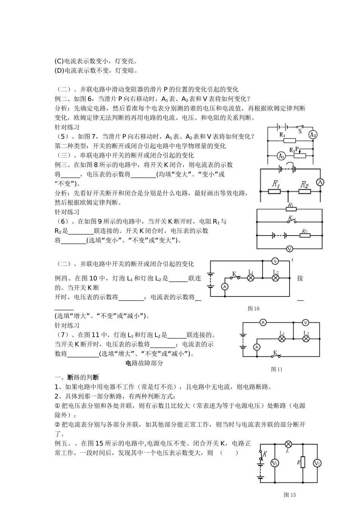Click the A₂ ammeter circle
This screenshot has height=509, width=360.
tap(313, 134)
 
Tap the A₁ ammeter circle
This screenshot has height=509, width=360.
tap(281, 155)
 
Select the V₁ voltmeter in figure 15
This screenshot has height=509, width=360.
tap(274, 463)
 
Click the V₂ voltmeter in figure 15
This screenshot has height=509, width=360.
tap(317, 463)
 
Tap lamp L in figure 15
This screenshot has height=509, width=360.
tap(288, 444)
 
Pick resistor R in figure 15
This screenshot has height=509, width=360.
tap(303, 462)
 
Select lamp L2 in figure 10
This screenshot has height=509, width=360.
tap(276, 278)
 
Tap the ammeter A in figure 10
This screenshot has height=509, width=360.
tap(225, 287)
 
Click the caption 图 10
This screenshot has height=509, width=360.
tap(254, 309)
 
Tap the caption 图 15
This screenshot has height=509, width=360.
tap(290, 495)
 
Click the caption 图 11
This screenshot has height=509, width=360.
tap(277, 369)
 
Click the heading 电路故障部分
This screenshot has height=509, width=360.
tap(144, 363)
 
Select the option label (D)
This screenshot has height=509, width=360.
tap(59, 70)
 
